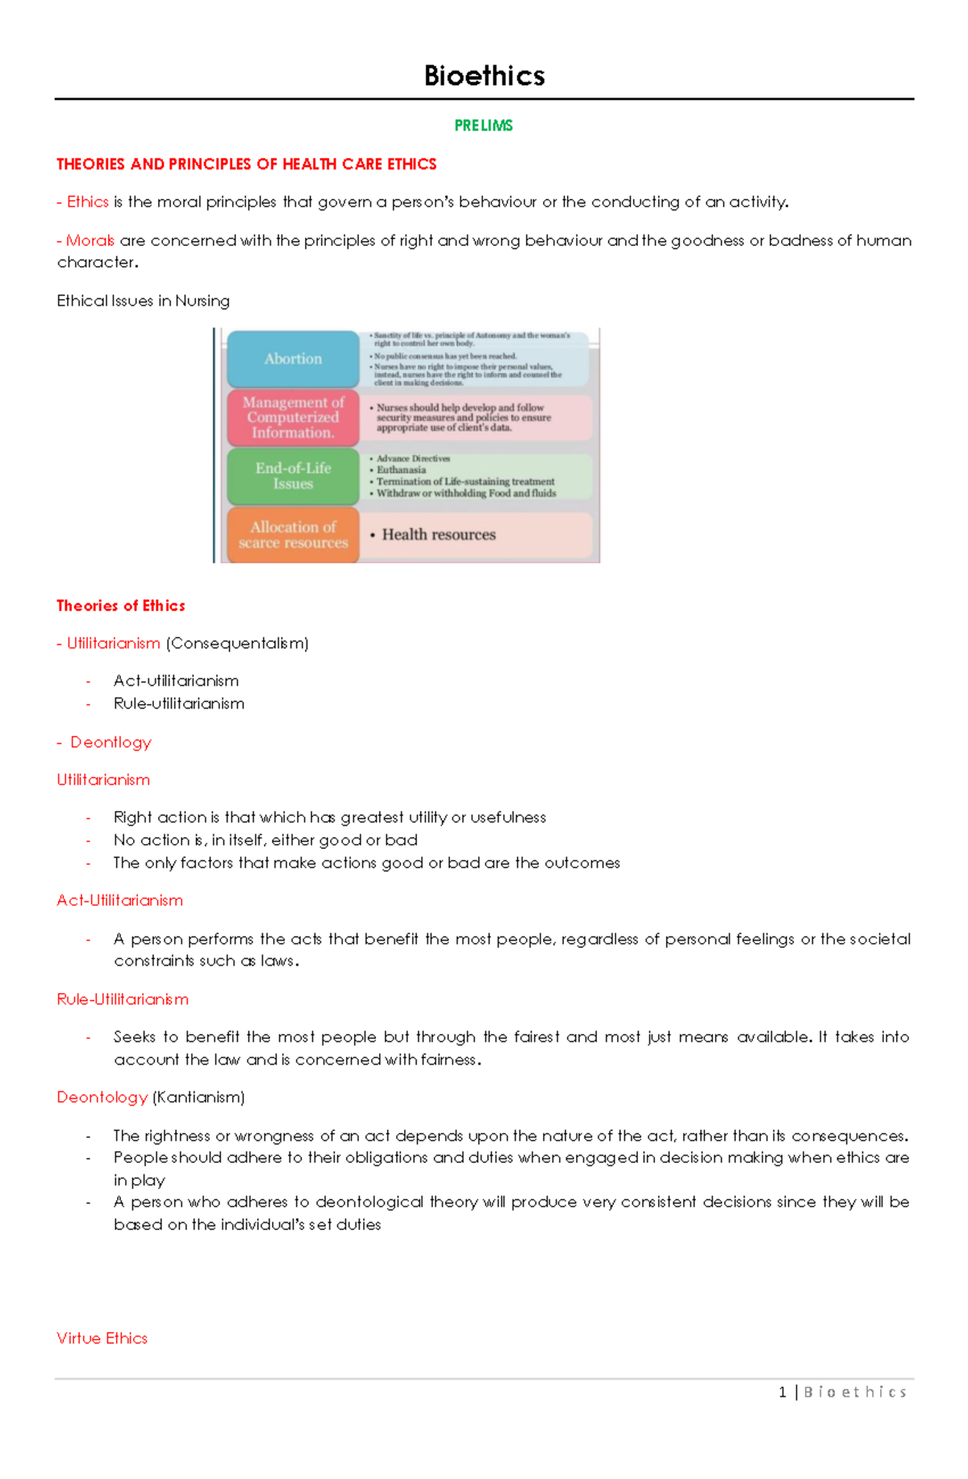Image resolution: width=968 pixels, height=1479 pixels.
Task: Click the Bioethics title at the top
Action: tap(484, 76)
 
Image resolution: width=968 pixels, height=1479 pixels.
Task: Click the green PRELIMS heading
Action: tap(483, 126)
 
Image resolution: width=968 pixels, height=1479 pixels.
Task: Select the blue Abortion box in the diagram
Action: tap(293, 359)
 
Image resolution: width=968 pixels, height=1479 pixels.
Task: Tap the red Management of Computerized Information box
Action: tap(293, 418)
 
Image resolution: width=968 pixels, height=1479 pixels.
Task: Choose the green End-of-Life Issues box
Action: tap(293, 476)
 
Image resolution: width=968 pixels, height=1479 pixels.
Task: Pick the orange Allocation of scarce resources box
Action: tap(293, 534)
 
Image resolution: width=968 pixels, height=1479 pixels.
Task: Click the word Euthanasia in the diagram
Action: tap(401, 470)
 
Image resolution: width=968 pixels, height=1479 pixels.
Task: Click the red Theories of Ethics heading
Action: tap(121, 605)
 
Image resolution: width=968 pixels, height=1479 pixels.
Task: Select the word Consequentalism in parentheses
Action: tap(237, 643)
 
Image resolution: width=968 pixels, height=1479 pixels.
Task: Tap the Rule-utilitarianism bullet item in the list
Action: tap(178, 704)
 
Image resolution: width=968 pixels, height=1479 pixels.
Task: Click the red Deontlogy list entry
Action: tap(111, 742)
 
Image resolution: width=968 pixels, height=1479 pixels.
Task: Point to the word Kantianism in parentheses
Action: tap(198, 1097)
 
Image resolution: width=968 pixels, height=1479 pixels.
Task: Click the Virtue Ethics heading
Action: tap(102, 1338)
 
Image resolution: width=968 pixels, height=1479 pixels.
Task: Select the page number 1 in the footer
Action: tap(782, 1392)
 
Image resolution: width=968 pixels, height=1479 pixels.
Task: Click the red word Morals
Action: tap(90, 240)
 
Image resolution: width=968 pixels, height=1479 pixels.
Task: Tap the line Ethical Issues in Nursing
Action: tap(143, 301)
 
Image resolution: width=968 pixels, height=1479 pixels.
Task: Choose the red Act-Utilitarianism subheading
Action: tap(119, 900)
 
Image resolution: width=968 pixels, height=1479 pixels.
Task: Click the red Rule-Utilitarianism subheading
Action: tap(123, 999)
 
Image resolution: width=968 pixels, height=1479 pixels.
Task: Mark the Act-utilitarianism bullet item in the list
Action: tap(176, 681)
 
